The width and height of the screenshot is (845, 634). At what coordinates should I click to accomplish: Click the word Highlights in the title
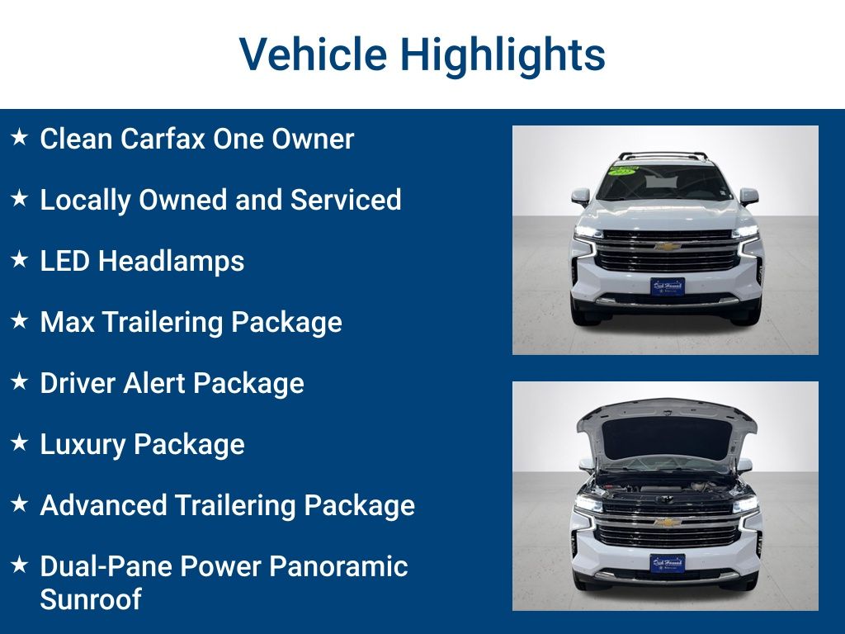coord(503,54)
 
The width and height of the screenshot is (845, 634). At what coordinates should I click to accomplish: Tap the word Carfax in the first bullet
coord(163,139)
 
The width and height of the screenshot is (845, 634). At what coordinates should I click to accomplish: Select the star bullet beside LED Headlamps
coord(20,259)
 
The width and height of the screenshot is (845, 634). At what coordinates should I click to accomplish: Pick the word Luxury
coord(83,444)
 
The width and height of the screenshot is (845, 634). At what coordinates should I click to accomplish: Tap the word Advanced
coord(106,505)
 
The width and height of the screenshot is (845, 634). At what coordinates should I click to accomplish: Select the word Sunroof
coord(91,599)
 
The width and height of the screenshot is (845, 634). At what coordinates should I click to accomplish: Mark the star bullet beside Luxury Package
coord(20,442)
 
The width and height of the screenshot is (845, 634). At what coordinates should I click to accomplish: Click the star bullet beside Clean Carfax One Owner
coord(20,137)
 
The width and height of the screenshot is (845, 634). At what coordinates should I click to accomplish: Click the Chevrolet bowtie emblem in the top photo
coord(666,246)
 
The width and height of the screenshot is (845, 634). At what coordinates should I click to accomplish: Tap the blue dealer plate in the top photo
coord(667,286)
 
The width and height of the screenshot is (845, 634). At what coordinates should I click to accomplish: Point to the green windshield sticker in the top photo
coord(624,169)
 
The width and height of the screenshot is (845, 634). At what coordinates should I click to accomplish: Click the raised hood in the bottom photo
coord(666,429)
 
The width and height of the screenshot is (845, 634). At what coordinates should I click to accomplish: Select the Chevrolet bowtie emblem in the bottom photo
coord(666,522)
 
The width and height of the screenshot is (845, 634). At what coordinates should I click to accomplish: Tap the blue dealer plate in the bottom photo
coord(667,563)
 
